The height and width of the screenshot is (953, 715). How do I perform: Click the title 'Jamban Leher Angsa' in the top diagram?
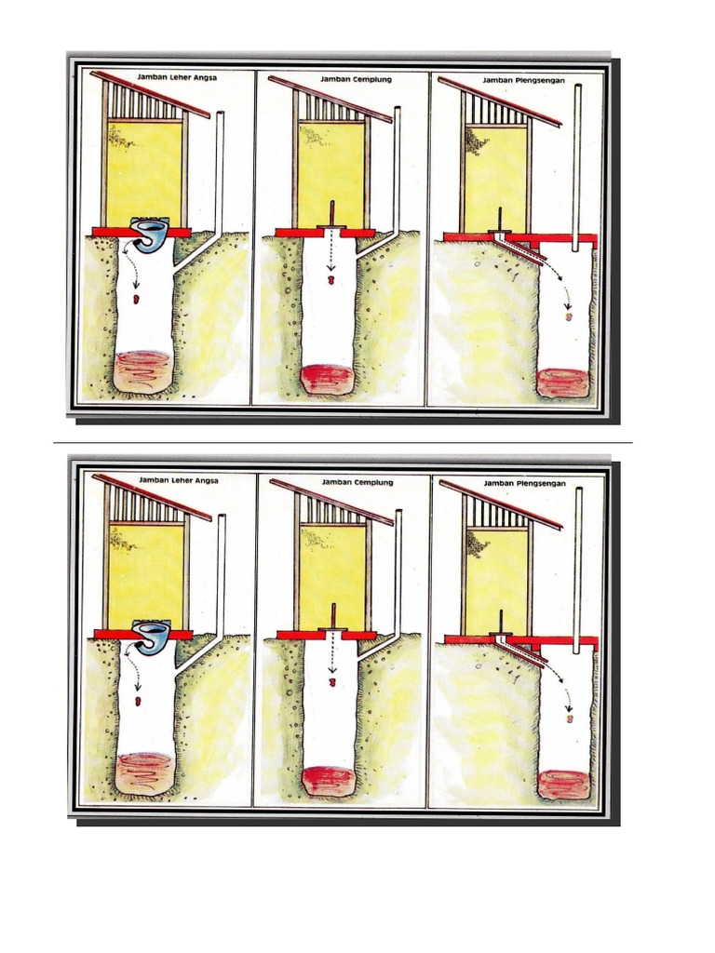pos(177,78)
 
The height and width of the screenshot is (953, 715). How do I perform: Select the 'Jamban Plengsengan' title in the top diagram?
pos(524,80)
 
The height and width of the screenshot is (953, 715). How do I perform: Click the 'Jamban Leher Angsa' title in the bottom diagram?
pos(178,480)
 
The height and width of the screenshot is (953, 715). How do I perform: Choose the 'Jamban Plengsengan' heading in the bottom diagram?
pos(525,484)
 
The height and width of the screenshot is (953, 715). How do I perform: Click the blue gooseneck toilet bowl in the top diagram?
pos(152,234)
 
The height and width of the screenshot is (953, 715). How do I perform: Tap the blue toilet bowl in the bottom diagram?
pos(153,636)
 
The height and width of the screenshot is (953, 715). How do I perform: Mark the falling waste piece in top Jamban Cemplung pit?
pos(331,280)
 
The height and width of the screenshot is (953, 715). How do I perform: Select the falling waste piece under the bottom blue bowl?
pos(139,701)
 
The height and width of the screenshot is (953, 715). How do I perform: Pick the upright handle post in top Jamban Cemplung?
pos(331,215)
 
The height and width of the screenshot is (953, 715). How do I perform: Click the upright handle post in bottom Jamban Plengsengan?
pos(501,623)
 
